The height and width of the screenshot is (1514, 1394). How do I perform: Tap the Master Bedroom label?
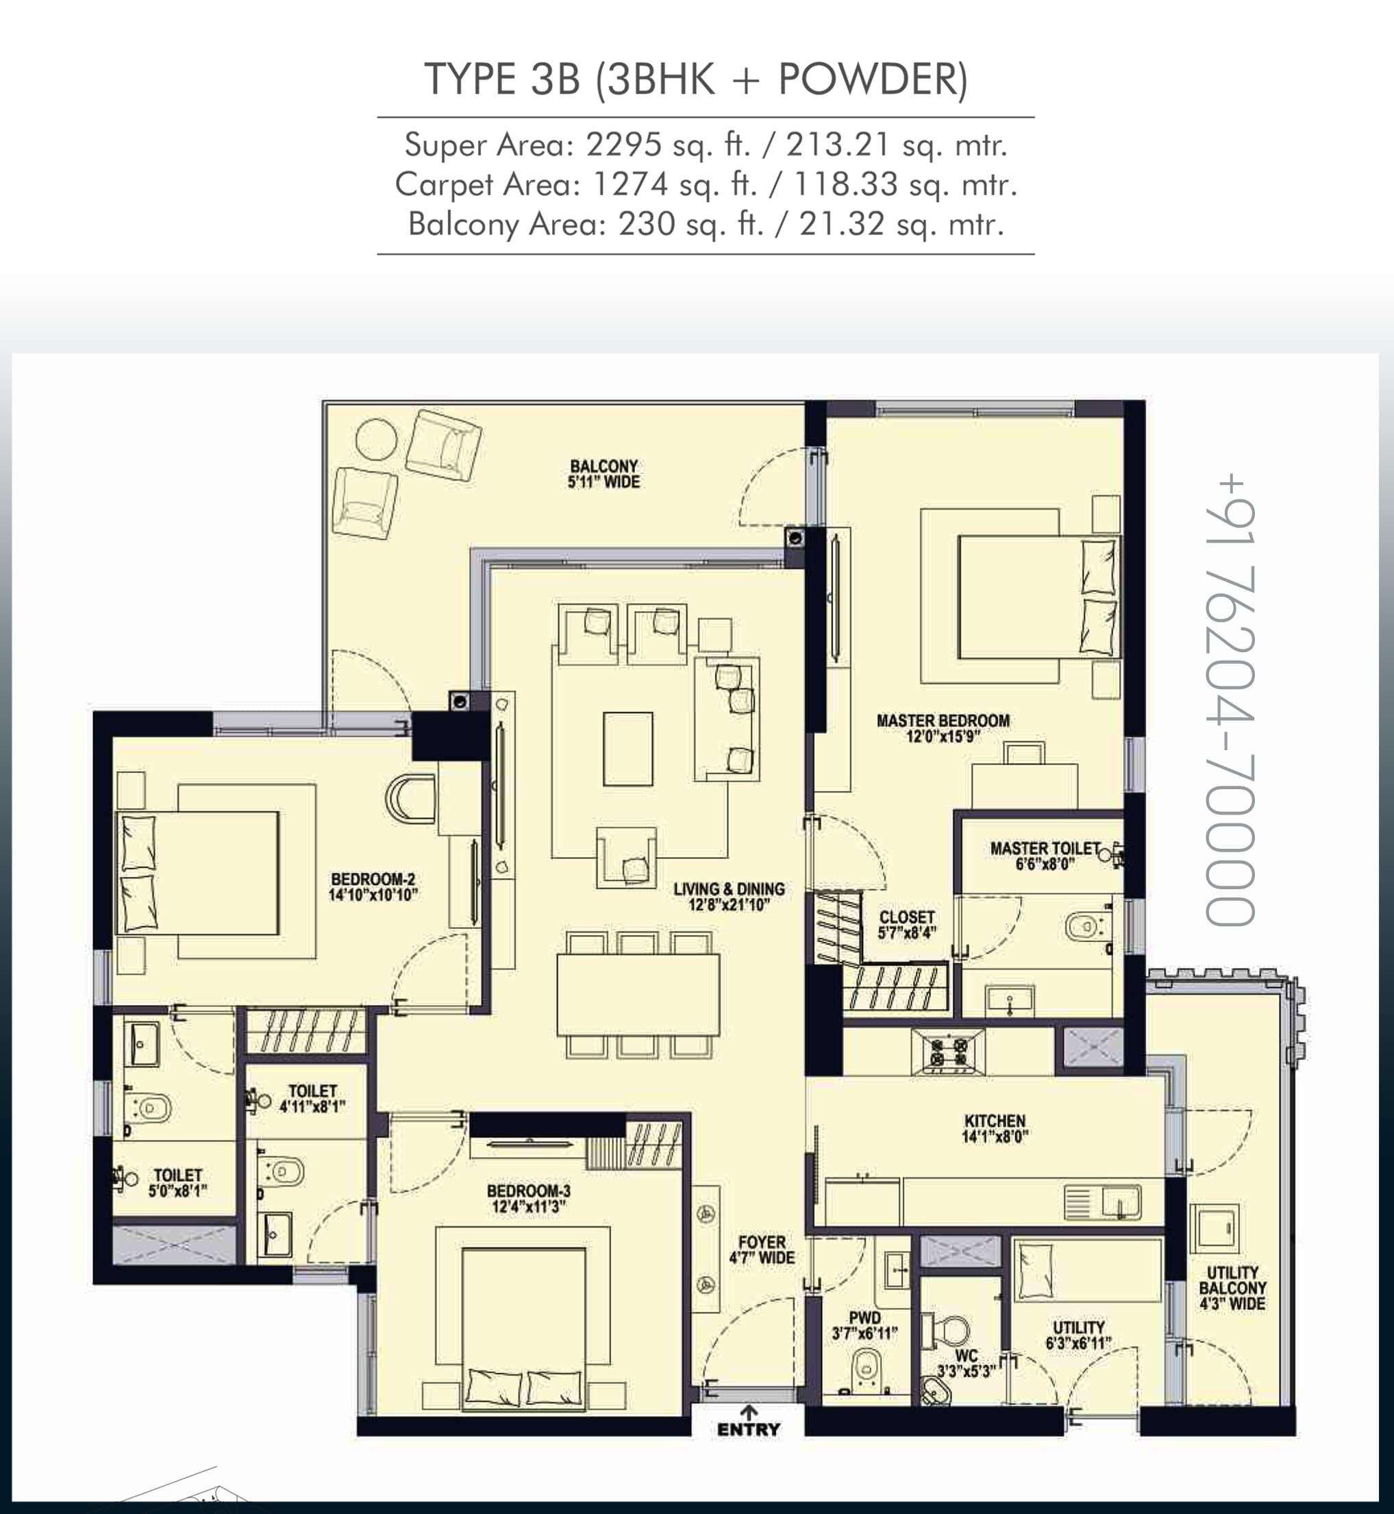pyautogui.click(x=943, y=721)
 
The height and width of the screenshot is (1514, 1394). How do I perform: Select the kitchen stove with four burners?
pyautogui.click(x=948, y=1051)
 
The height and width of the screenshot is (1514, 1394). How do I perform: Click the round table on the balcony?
pyautogui.click(x=376, y=438)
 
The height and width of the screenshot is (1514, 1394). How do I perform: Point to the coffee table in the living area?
pyautogui.click(x=627, y=749)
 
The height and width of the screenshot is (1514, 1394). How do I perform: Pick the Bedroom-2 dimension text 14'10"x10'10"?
pyautogui.click(x=373, y=895)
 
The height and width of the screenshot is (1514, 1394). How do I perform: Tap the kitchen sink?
pyautogui.click(x=1103, y=1202)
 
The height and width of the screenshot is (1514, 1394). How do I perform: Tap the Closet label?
pyautogui.click(x=907, y=917)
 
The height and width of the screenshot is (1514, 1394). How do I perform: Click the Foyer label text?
pyautogui.click(x=762, y=1241)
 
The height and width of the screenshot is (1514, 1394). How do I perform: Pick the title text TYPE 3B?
pyautogui.click(x=502, y=79)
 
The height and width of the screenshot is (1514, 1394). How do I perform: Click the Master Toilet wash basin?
pyautogui.click(x=1009, y=1001)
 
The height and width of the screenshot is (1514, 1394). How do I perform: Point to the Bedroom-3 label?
pyautogui.click(x=529, y=1191)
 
